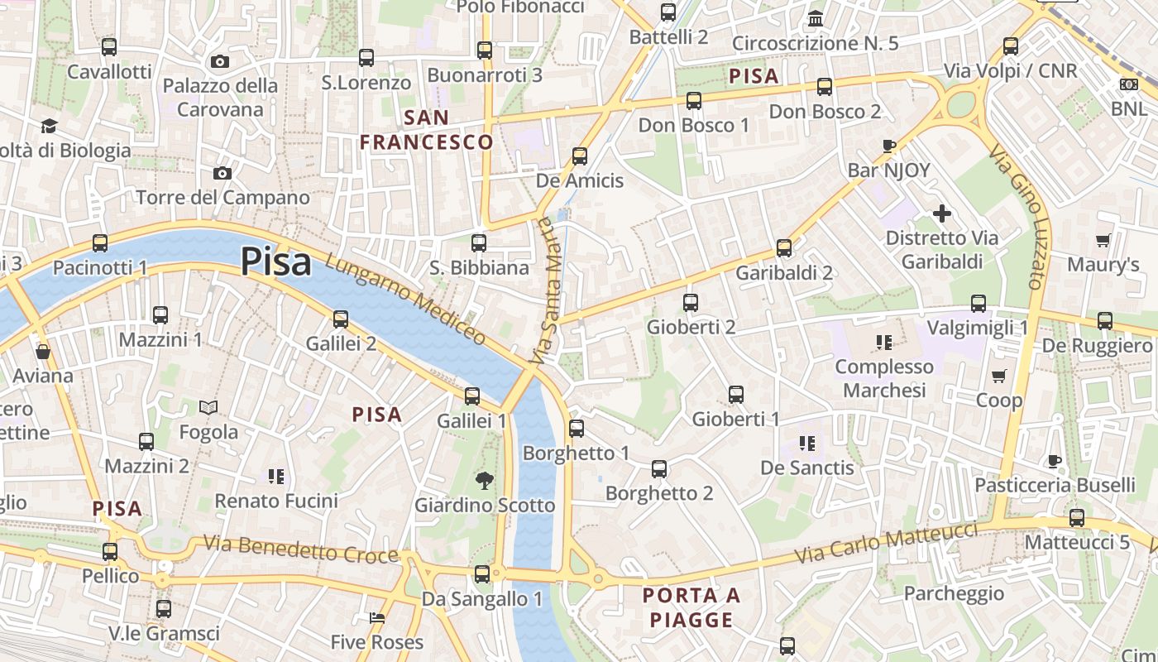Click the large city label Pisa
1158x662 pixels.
click(276, 262)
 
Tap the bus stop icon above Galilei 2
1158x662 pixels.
click(341, 319)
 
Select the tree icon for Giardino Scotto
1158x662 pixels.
click(484, 480)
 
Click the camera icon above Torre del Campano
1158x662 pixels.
click(222, 173)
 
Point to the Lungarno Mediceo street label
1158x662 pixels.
click(405, 299)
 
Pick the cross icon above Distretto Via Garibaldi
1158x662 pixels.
click(941, 214)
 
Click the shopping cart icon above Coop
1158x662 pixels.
click(999, 377)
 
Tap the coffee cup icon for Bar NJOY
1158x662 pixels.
click(889, 146)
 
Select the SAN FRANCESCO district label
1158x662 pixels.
click(427, 130)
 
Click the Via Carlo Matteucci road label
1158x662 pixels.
click(887, 544)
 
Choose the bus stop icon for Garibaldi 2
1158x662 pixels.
click(784, 247)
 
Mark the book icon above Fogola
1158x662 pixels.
click(208, 407)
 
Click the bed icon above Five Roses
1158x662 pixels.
click(376, 618)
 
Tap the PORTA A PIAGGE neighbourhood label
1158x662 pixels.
click(691, 607)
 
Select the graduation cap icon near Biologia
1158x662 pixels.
click(50, 127)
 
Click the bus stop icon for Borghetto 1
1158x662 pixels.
click(577, 429)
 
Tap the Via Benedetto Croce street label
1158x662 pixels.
click(301, 549)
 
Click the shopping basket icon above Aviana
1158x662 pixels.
click(43, 352)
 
